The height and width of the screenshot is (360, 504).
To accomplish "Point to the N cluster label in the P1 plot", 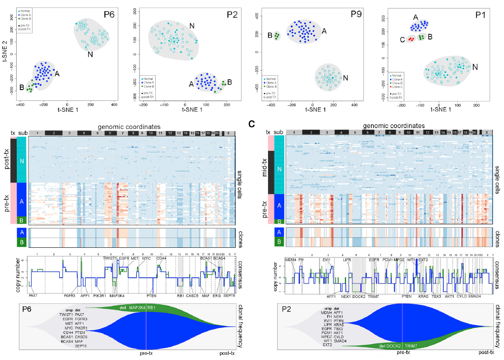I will click(475, 67).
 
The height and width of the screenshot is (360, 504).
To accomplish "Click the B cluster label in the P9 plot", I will click(269, 35).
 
